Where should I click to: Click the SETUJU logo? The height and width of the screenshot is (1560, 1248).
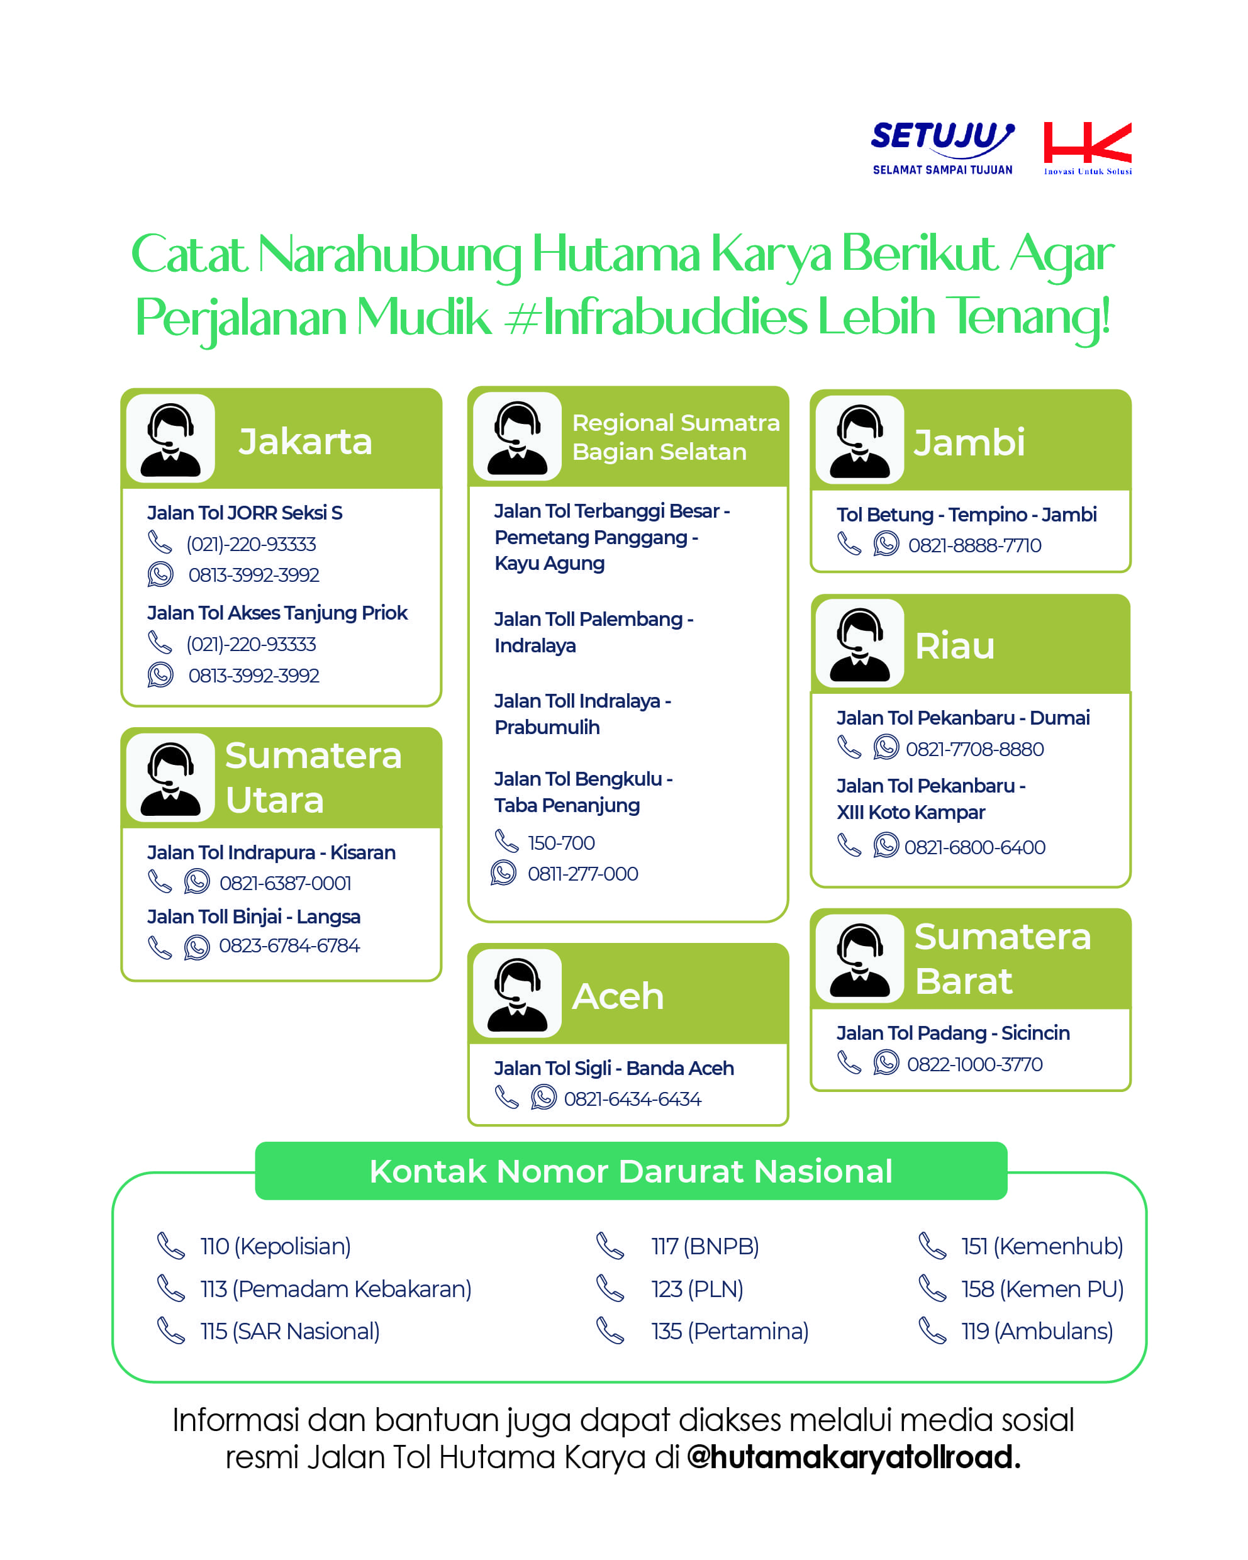[942, 148]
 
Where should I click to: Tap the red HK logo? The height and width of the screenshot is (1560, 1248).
[1087, 148]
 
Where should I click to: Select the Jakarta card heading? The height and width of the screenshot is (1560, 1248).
[304, 442]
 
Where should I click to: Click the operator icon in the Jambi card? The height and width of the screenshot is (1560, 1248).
[859, 440]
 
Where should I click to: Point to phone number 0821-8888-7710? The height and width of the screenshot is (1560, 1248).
[974, 545]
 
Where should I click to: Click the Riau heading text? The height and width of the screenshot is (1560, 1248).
[954, 645]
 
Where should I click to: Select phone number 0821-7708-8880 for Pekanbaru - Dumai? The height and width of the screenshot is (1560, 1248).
[974, 749]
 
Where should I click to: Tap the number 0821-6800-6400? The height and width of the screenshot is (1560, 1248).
[974, 847]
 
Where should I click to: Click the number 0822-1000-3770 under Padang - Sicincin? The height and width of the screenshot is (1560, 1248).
[974, 1064]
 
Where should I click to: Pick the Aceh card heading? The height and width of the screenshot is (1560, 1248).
[617, 996]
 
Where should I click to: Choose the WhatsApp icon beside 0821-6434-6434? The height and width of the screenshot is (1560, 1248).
[543, 1098]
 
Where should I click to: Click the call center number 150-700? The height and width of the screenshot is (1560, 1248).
[560, 843]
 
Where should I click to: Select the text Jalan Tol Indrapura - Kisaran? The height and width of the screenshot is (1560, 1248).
[271, 852]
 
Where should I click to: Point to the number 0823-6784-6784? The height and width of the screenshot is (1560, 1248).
[289, 945]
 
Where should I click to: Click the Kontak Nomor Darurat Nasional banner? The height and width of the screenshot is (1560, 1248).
[631, 1171]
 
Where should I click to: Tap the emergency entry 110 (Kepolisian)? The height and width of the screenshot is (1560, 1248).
[275, 1247]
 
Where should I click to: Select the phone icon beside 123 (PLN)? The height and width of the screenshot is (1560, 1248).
[610, 1289]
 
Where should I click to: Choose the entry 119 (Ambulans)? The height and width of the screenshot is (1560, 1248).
[1036, 1332]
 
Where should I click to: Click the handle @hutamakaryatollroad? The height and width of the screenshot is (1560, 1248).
[853, 1457]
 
